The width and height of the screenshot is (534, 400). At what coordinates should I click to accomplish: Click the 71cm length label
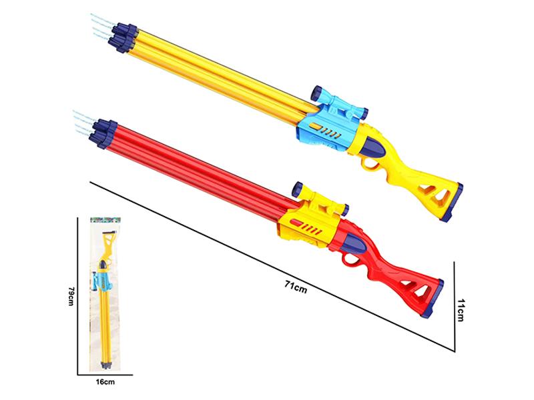tap(295, 287)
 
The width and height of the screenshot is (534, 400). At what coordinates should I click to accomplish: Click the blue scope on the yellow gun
tap(340, 105)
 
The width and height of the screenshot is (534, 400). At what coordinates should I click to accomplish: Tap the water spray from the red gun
tap(83, 121)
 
